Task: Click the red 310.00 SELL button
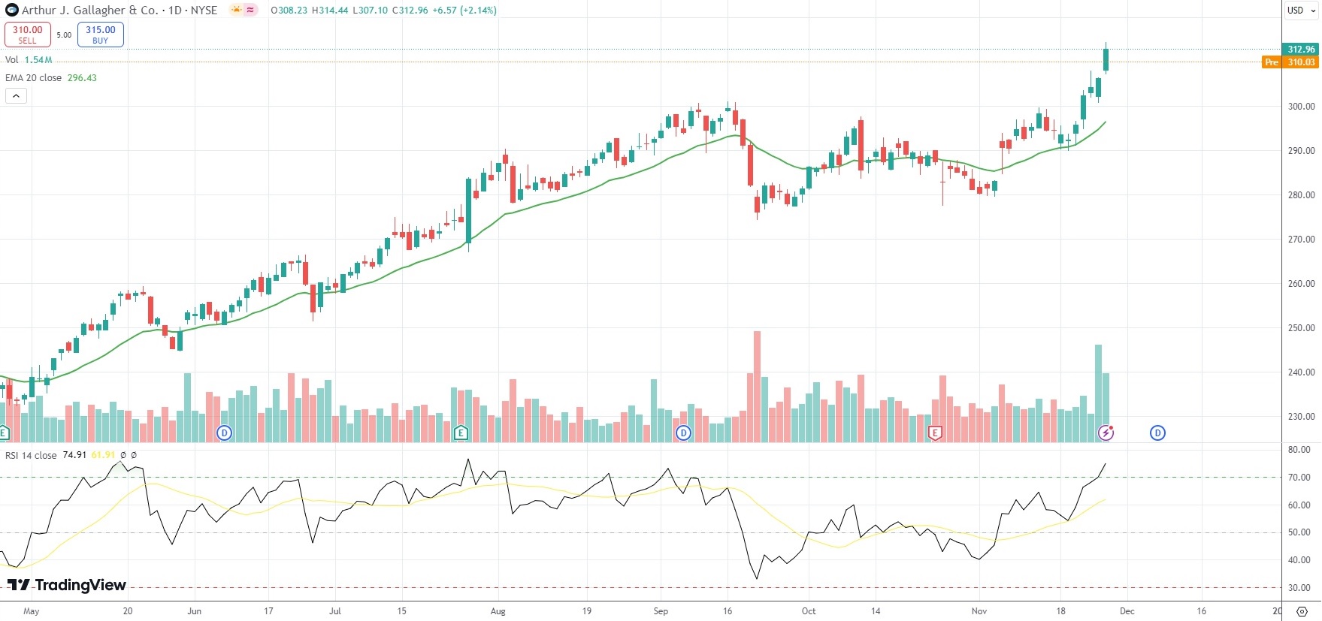pyautogui.click(x=27, y=35)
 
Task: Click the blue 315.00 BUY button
pyautogui.click(x=100, y=35)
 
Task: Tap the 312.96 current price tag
pyautogui.click(x=1301, y=50)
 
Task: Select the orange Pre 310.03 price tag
pyautogui.click(x=1290, y=62)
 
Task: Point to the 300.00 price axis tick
pyautogui.click(x=1301, y=107)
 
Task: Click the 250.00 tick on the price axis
pyautogui.click(x=1301, y=328)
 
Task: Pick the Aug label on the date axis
pyautogui.click(x=498, y=611)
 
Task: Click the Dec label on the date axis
pyautogui.click(x=1127, y=611)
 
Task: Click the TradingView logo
pyautogui.click(x=67, y=585)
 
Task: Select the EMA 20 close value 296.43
pyautogui.click(x=82, y=78)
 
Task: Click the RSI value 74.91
pyautogui.click(x=74, y=455)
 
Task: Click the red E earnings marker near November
pyautogui.click(x=935, y=433)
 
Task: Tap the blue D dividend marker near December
pyautogui.click(x=1157, y=433)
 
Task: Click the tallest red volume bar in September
pyautogui.click(x=757, y=387)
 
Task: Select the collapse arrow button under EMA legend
pyautogui.click(x=16, y=95)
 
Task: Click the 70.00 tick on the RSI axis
pyautogui.click(x=1299, y=478)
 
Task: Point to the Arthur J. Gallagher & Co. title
pyautogui.click(x=90, y=11)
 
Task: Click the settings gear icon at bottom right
pyautogui.click(x=1302, y=611)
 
